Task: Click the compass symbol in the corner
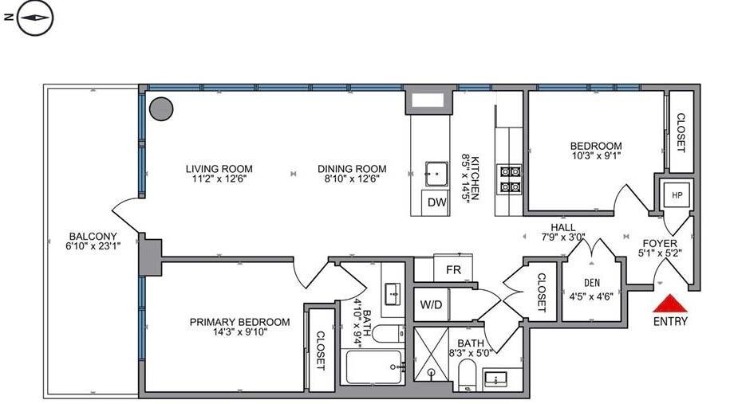tap(35, 18)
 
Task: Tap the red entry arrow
tap(670, 303)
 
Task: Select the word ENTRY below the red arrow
tap(670, 321)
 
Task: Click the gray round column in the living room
tap(161, 109)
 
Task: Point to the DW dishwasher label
tap(436, 202)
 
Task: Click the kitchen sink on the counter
tap(436, 174)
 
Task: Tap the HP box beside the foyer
tap(677, 195)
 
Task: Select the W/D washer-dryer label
tap(431, 305)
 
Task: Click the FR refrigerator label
tap(453, 270)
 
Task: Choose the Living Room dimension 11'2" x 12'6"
tap(219, 178)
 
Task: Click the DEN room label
tap(592, 283)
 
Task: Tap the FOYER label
tap(660, 243)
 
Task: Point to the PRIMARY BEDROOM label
tap(239, 322)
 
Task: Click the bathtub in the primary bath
tap(373, 367)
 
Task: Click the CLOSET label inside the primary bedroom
tap(321, 351)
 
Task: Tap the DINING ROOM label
tap(352, 169)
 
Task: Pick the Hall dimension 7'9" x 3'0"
tap(563, 237)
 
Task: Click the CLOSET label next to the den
tap(541, 292)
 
